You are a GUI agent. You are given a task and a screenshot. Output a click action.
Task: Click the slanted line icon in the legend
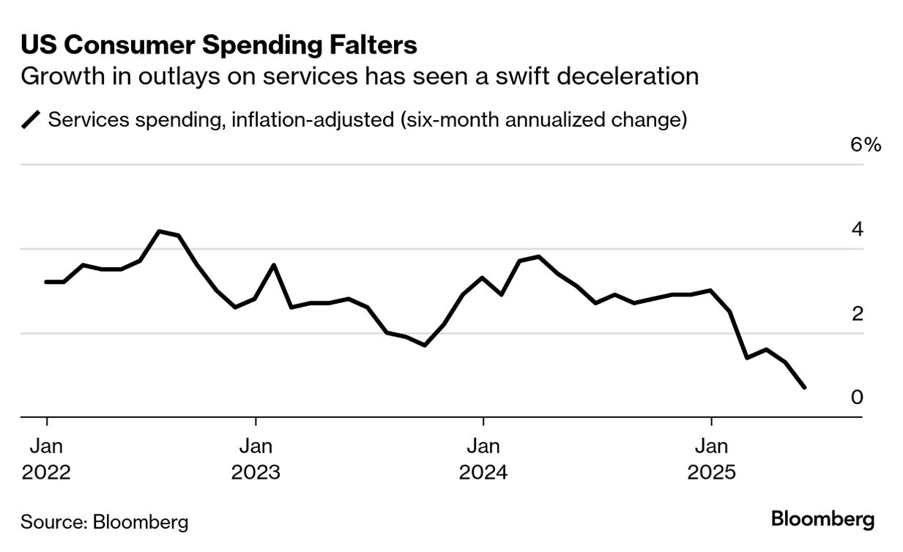click(x=31, y=119)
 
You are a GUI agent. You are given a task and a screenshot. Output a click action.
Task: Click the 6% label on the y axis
click(x=865, y=145)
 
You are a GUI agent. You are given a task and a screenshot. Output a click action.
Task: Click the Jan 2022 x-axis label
click(x=47, y=458)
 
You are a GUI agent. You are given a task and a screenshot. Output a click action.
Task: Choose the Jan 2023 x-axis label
click(x=256, y=458)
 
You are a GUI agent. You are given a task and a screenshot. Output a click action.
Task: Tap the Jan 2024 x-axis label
click(x=483, y=458)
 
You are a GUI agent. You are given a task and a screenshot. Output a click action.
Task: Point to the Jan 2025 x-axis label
click(x=711, y=458)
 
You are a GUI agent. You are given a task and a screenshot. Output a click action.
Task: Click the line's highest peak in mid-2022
click(x=160, y=231)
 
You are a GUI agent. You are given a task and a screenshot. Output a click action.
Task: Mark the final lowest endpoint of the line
click(x=806, y=387)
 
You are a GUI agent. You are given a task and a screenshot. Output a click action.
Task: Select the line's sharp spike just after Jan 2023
click(x=274, y=265)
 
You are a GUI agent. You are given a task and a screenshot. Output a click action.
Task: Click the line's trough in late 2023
click(x=425, y=345)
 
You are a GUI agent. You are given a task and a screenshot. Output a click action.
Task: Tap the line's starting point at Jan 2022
click(x=47, y=282)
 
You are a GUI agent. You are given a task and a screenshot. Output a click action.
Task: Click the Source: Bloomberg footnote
click(x=105, y=522)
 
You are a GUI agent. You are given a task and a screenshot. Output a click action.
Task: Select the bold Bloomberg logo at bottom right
click(x=822, y=520)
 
